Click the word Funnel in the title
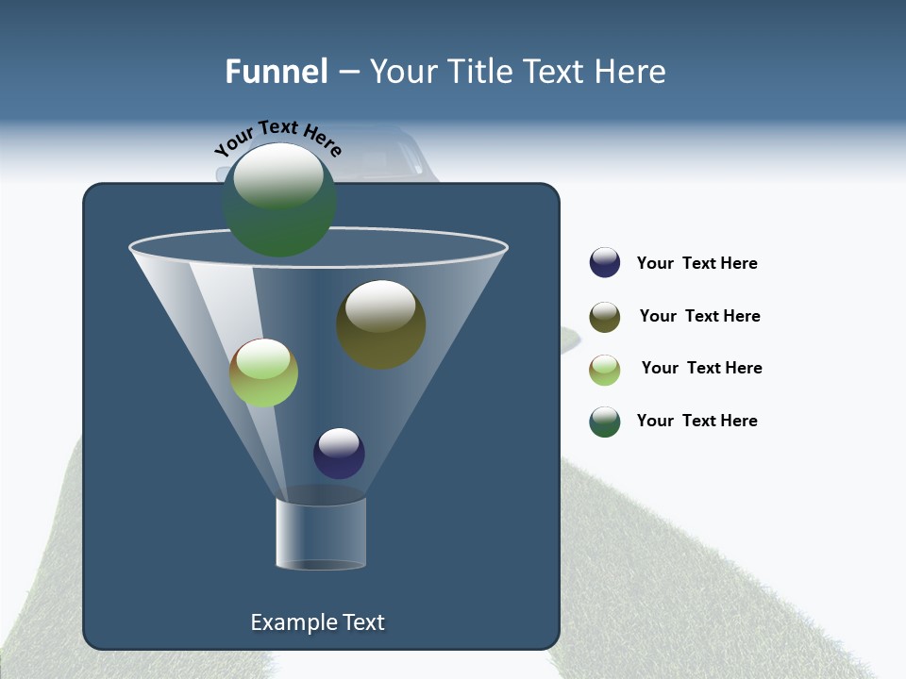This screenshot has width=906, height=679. point(276,72)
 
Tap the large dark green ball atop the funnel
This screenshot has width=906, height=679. point(279,200)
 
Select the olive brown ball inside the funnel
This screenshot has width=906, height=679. point(381,324)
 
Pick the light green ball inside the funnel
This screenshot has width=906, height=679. point(263,373)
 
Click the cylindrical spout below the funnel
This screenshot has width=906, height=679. point(321,534)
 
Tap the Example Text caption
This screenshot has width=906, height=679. point(318,622)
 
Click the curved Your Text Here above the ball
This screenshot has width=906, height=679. point(278,136)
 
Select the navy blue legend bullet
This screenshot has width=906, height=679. point(605,262)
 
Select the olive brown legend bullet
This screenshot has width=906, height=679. point(605,317)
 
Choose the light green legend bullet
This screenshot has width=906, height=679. point(605,370)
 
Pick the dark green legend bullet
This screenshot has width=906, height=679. point(605,422)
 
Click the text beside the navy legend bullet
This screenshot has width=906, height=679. point(697,263)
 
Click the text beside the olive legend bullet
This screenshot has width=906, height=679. point(699,316)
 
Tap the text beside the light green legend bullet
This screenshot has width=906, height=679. point(701,368)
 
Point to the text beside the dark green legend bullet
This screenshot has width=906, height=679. point(697,421)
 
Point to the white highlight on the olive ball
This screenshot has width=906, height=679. point(380,306)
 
